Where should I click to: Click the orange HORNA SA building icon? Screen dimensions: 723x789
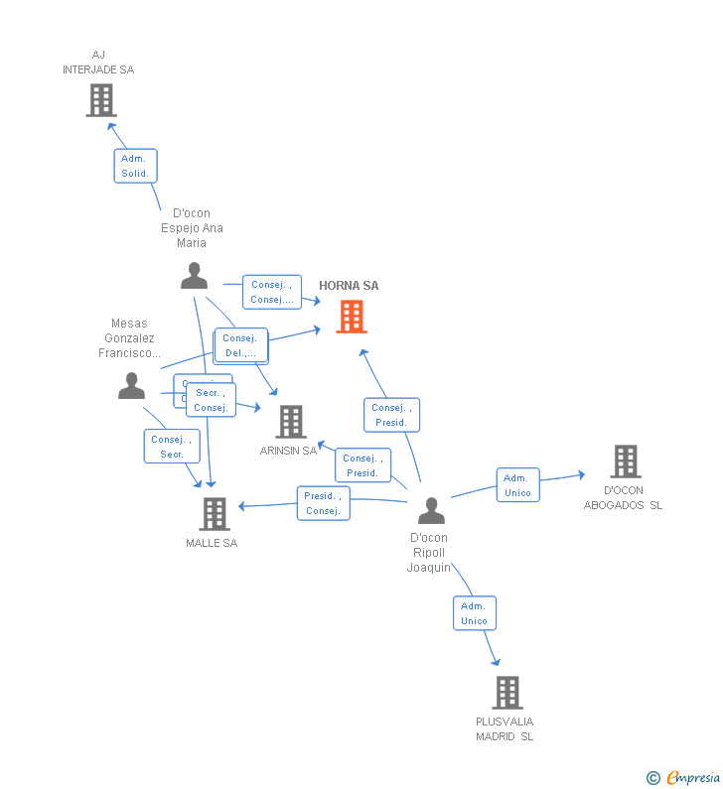351,317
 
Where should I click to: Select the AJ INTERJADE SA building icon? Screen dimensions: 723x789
100,100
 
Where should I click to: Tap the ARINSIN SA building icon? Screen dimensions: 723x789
290,422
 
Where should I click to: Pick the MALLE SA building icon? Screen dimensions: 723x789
215,514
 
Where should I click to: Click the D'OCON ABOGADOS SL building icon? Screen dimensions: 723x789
625,461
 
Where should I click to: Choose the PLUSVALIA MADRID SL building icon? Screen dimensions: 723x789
506,693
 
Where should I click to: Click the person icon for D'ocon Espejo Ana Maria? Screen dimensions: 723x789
194,276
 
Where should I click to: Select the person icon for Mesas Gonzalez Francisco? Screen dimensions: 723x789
131,386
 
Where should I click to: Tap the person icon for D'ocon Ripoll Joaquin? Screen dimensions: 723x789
431,511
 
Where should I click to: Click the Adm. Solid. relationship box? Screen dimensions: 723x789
135,166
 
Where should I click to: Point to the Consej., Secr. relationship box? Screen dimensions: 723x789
172,447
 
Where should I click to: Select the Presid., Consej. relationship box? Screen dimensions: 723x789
323,503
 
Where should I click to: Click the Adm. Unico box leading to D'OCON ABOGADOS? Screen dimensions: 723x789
517,485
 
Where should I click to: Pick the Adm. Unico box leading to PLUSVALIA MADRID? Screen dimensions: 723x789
474,613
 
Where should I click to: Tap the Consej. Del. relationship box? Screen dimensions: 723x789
240,345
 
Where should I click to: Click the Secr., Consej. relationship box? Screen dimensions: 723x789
212,400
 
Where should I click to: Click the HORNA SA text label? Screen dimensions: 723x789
349,286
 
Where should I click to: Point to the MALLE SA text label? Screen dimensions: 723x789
212,543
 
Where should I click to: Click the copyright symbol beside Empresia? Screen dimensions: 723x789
652,778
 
